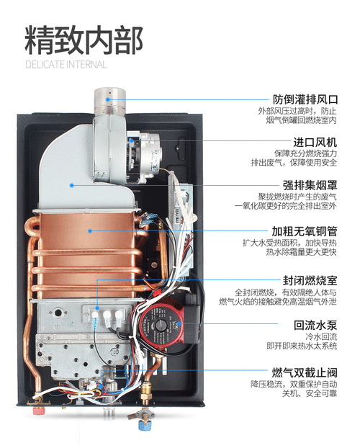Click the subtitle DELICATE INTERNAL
tap(66, 64)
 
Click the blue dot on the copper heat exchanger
tap(89, 230)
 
